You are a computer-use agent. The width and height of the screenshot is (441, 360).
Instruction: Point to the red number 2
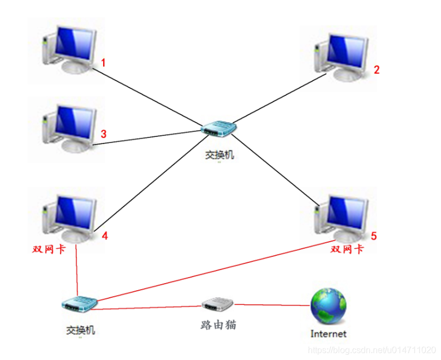376,69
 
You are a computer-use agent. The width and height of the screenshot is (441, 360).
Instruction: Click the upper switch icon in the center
219,129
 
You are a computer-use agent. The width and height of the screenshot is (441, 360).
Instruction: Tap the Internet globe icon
328,306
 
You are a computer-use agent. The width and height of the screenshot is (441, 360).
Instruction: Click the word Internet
328,333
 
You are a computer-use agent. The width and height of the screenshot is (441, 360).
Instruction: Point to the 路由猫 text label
218,325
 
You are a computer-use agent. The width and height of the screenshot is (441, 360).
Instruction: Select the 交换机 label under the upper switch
219,155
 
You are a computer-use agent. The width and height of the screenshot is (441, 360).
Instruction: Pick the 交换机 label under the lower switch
81,330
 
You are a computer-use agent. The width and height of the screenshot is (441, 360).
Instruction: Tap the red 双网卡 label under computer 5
347,249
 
